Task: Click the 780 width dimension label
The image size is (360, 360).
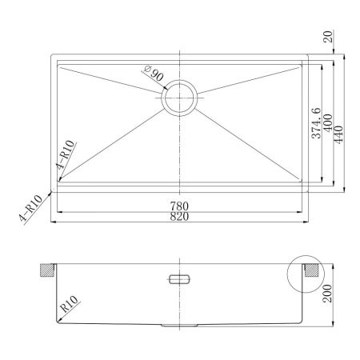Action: [179, 206]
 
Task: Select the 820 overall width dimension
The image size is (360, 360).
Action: [179, 217]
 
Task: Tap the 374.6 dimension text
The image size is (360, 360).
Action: [316, 123]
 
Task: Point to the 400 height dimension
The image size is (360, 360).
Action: [328, 122]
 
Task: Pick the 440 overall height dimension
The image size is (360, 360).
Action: [338, 134]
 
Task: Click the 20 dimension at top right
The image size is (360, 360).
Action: [328, 37]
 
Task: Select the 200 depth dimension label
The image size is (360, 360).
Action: [327, 294]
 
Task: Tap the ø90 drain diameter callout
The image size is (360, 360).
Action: [154, 73]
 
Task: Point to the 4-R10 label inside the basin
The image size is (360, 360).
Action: [66, 154]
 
